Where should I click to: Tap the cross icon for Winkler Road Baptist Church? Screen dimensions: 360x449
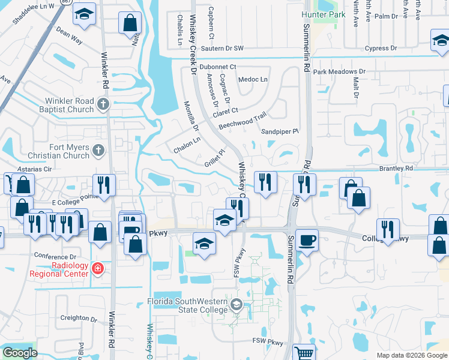(x=103, y=104)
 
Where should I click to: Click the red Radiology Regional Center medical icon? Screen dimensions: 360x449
(x=97, y=268)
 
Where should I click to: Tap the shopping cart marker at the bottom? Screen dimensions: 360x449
(x=304, y=353)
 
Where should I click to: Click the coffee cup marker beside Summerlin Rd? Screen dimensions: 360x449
(x=307, y=239)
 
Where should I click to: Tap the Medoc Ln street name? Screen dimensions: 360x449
(x=253, y=79)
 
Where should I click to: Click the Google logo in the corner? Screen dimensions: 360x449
(x=20, y=353)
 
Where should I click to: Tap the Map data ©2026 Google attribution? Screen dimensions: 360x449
(x=411, y=355)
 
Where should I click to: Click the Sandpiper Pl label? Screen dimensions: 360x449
(x=280, y=131)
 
